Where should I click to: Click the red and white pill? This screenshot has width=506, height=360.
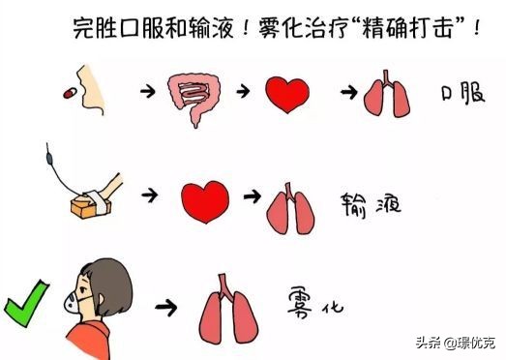click(x=68, y=92)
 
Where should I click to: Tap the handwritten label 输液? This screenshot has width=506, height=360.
click(x=370, y=205)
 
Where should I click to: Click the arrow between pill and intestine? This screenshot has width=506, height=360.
click(x=146, y=90)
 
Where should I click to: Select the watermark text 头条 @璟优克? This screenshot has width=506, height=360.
click(x=455, y=342)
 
